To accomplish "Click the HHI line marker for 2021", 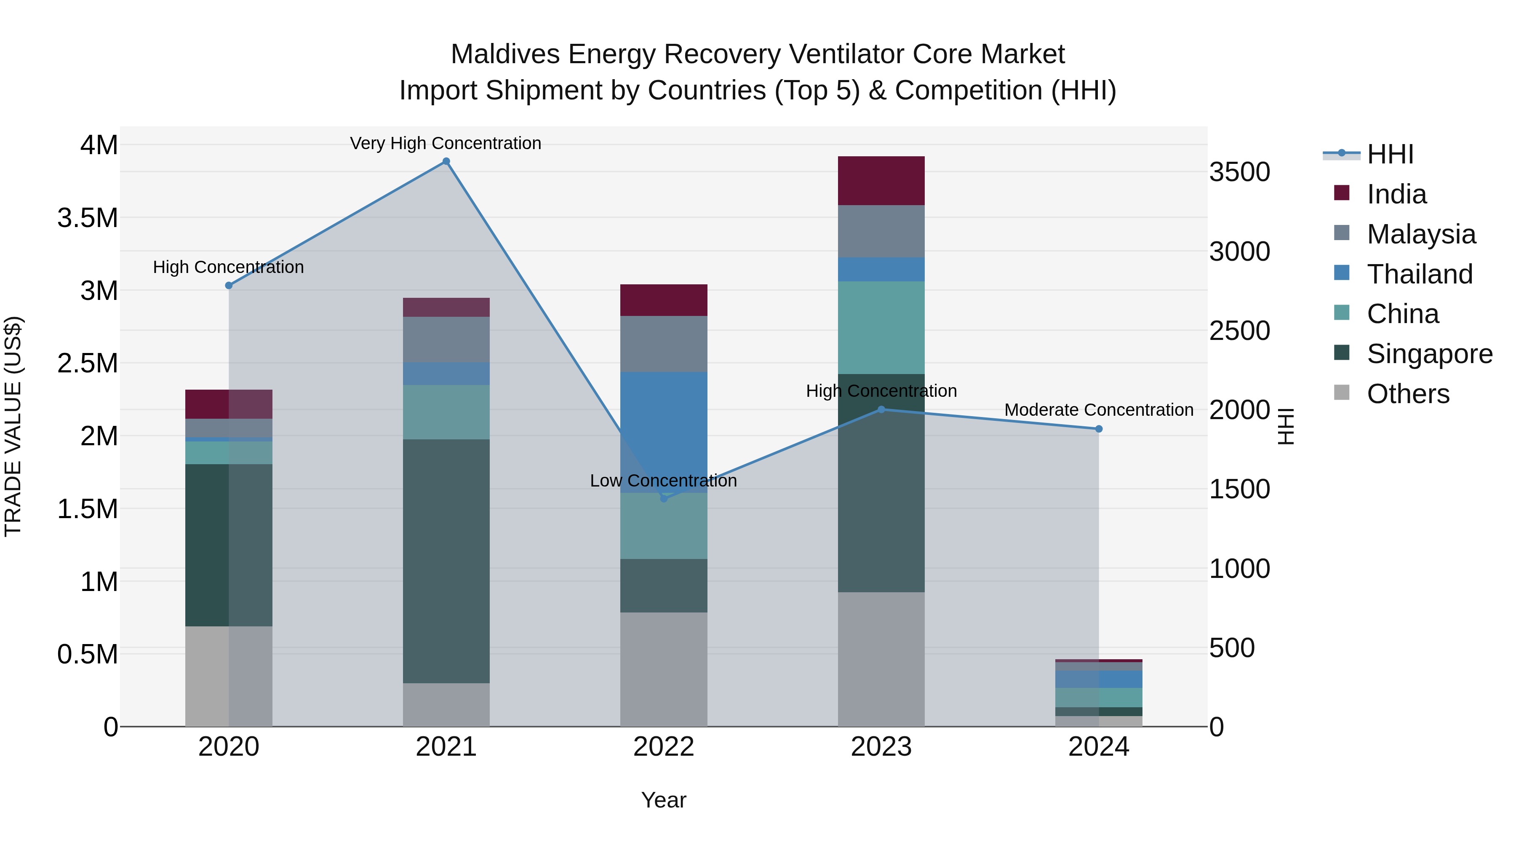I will pyautogui.click(x=446, y=161).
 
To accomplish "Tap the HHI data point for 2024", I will pyautogui.click(x=1098, y=429).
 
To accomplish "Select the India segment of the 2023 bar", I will pyautogui.click(x=881, y=181).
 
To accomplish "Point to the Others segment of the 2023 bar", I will pyautogui.click(x=881, y=659).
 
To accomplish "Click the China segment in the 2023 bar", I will pyautogui.click(x=881, y=327).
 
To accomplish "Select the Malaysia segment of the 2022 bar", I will pyautogui.click(x=663, y=344).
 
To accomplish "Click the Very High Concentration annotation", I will pyautogui.click(x=446, y=143).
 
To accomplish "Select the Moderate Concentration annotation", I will pyautogui.click(x=1098, y=410).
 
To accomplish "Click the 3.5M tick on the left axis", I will pyautogui.click(x=88, y=218).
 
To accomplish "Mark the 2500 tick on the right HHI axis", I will pyautogui.click(x=1239, y=331).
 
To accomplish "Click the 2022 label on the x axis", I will pyautogui.click(x=663, y=747).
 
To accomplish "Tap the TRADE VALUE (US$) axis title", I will pyautogui.click(x=13, y=426).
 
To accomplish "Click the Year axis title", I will pyautogui.click(x=663, y=800).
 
